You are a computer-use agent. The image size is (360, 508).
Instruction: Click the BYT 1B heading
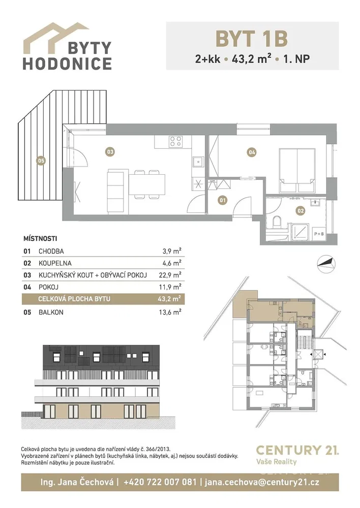[252, 39]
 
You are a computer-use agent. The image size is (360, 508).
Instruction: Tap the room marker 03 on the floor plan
[110, 151]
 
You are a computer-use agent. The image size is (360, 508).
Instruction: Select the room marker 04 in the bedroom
[252, 151]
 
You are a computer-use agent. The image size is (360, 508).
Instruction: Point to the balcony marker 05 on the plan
[41, 161]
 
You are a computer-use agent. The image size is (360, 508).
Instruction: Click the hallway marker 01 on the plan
[223, 200]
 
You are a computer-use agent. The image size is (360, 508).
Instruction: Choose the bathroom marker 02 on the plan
[301, 211]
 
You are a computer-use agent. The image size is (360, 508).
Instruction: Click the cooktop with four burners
[176, 142]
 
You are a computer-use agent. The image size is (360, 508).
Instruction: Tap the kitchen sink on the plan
[197, 162]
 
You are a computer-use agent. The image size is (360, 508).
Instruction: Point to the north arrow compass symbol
[326, 261]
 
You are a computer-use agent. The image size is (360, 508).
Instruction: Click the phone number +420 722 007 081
[160, 482]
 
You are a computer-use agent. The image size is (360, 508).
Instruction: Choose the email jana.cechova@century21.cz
[262, 482]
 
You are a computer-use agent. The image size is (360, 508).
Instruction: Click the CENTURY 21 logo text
[297, 450]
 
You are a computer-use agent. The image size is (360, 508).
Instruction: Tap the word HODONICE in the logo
[67, 63]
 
